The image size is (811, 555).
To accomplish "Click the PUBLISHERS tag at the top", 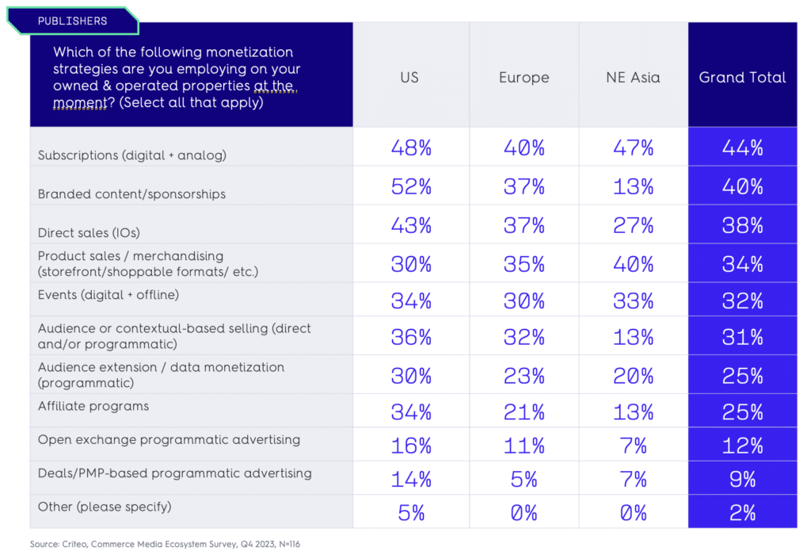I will pos(72,21).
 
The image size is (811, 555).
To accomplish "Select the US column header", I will pos(409,78).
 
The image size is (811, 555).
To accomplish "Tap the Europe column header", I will pos(524,78).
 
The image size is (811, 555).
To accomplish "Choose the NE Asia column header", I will pos(633,78).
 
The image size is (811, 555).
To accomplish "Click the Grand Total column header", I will pos(742,78).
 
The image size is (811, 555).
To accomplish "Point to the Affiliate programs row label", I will pos(93,406).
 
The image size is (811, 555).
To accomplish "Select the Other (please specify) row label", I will pos(105,506).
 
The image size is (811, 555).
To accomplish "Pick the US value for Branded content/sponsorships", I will pos(411,187).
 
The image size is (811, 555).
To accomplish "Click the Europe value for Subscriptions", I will pos(524,148).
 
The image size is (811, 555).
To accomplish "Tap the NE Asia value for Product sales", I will pos(633,264).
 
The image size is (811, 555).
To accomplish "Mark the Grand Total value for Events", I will pos(742,301).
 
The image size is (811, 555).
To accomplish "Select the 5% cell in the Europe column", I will pos(524,479).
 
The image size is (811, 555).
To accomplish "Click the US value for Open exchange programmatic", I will pos(411,446).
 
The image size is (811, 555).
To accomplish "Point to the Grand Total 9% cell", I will pos(742,479).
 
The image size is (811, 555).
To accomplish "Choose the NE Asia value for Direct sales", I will pos(633,226).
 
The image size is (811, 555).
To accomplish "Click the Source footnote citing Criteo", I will pos(165,544).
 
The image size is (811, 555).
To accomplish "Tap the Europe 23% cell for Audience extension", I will pos(524,376).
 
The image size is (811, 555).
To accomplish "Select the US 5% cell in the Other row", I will pos(411,513).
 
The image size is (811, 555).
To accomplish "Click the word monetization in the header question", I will pos(249,52).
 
